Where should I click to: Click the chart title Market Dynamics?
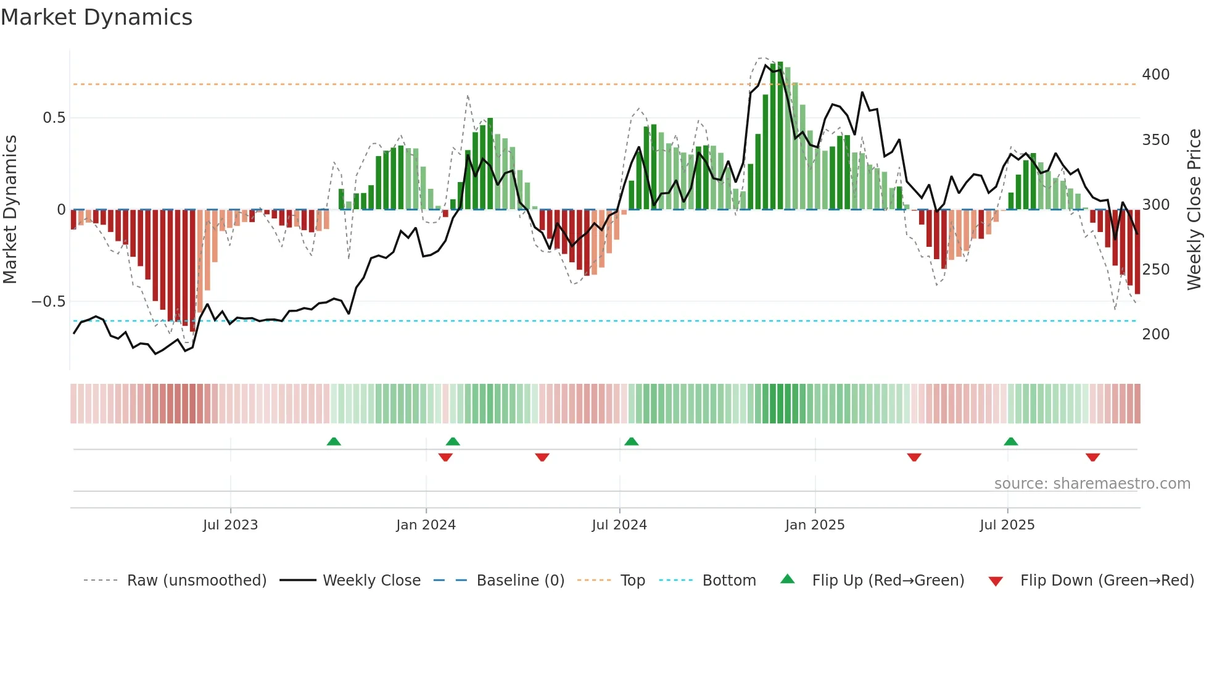coord(97,17)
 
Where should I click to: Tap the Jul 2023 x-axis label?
coord(230,525)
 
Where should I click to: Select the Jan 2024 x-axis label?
coord(426,525)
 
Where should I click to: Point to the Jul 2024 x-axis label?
coord(619,525)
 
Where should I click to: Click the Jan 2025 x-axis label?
coord(815,525)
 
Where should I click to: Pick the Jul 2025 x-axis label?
coord(1007,525)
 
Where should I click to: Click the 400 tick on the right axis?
coord(1155,75)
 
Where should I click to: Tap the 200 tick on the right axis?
coord(1155,334)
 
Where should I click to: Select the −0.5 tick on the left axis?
coord(49,302)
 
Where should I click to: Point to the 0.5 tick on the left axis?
coord(54,118)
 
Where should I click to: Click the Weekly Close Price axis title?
coord(1194,210)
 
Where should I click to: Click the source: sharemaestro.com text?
coord(1092,484)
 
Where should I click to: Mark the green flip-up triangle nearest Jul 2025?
coord(1010,442)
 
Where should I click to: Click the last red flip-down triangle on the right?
coord(1092,457)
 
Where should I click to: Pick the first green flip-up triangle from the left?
coord(334,442)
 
